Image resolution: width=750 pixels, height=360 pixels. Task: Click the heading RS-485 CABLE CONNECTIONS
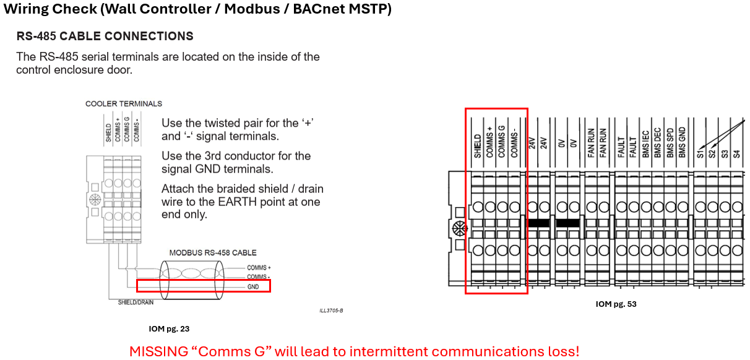105,36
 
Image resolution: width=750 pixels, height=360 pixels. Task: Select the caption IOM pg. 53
616,304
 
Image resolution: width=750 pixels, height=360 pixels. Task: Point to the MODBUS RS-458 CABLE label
213,252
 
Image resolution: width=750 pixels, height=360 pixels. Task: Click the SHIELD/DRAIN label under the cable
136,302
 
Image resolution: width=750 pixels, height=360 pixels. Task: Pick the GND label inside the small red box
253,286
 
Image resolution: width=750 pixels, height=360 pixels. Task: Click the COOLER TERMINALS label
124,104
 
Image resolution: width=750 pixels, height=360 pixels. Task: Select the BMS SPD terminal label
670,139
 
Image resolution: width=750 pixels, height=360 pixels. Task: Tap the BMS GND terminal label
682,139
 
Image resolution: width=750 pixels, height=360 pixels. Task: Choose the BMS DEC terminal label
658,140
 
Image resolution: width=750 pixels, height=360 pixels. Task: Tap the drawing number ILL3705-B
331,311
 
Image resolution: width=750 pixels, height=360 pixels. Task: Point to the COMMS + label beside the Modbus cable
259,268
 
